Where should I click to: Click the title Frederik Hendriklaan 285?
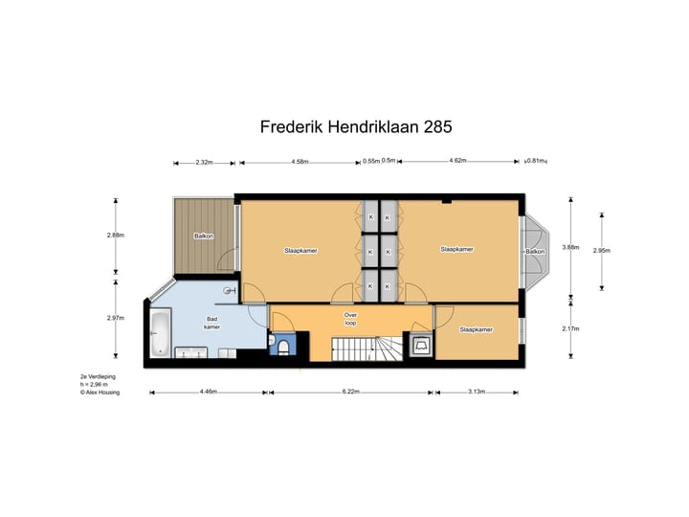[x=356, y=126]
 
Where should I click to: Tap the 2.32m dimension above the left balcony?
[x=203, y=162]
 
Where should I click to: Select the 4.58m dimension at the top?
[x=300, y=162]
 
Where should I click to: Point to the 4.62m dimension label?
[x=457, y=162]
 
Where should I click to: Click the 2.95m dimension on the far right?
[x=602, y=251]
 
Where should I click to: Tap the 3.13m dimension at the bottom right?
[x=476, y=392]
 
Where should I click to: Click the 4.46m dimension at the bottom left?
[x=208, y=392]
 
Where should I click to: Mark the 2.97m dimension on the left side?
[x=116, y=319]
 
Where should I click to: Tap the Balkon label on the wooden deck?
[x=204, y=236]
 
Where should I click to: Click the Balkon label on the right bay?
[x=534, y=251]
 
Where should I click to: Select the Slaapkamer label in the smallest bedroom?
[x=476, y=329]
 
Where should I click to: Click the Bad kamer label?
[x=212, y=324]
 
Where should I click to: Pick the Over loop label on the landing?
[x=350, y=318]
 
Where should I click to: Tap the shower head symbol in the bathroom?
[x=228, y=289]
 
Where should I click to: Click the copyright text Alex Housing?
[x=101, y=392]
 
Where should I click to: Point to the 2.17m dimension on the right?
[x=571, y=329]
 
